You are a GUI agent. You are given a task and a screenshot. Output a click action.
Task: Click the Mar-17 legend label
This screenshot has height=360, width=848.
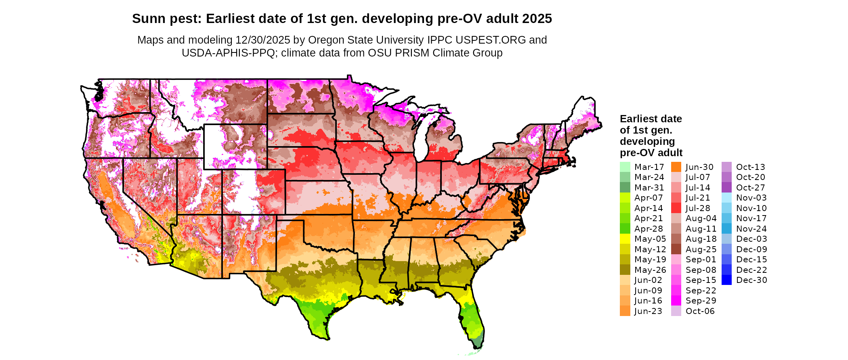coord(649,167)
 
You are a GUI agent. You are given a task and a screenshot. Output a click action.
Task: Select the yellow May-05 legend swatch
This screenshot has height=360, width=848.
coord(625,239)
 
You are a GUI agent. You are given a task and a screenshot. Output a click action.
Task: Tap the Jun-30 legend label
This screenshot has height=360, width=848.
coord(699,167)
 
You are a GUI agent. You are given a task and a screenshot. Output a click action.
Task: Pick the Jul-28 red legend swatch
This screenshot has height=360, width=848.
coord(676,208)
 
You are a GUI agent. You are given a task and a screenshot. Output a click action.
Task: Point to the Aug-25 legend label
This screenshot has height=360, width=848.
coord(701,249)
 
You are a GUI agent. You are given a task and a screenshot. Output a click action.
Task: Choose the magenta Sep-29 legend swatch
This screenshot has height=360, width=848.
coord(676,301)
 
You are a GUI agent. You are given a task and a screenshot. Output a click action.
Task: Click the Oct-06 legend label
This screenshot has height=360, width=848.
coord(700,311)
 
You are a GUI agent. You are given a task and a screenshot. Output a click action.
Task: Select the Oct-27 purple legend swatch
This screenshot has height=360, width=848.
coord(726,188)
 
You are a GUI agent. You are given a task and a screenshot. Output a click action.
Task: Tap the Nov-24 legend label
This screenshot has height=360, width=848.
coord(751,229)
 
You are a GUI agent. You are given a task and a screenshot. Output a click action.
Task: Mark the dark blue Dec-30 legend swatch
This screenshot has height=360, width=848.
coord(726,280)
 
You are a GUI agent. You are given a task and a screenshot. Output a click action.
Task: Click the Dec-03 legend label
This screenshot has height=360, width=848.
coord(751,239)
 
